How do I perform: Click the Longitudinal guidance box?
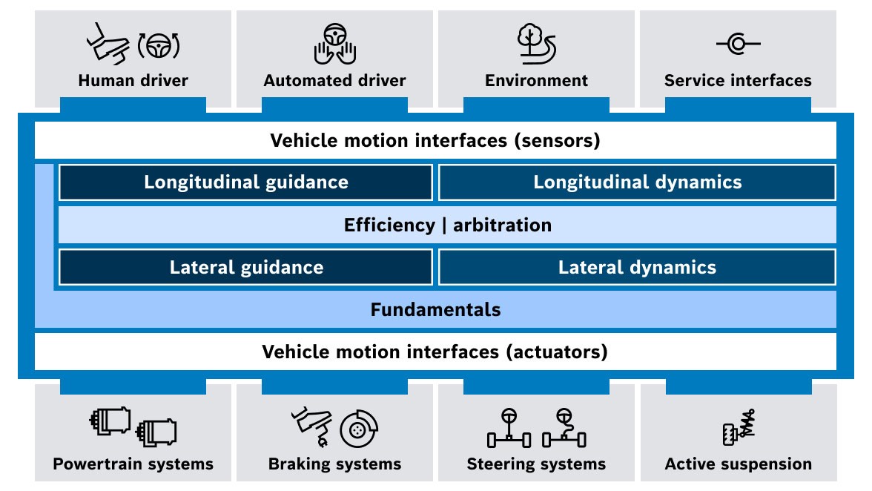[245, 182]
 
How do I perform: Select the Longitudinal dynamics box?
[637, 182]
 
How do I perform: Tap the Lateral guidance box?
[245, 267]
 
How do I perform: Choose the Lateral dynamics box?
[637, 267]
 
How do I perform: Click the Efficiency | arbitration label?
[447, 225]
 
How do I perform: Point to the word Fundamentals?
[435, 309]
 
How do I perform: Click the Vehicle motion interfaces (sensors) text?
[435, 140]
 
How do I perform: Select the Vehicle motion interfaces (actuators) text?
[435, 352]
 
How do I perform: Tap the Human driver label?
[133, 80]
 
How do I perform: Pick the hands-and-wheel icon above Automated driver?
[334, 44]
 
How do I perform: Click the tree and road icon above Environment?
[535, 44]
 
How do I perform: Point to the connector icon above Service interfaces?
[738, 45]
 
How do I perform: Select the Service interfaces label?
[738, 80]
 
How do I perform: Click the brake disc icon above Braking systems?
[359, 429]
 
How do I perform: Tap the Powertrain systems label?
[133, 464]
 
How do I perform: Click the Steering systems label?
[536, 464]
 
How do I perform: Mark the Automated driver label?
[334, 80]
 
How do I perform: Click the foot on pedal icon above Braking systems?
[310, 425]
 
